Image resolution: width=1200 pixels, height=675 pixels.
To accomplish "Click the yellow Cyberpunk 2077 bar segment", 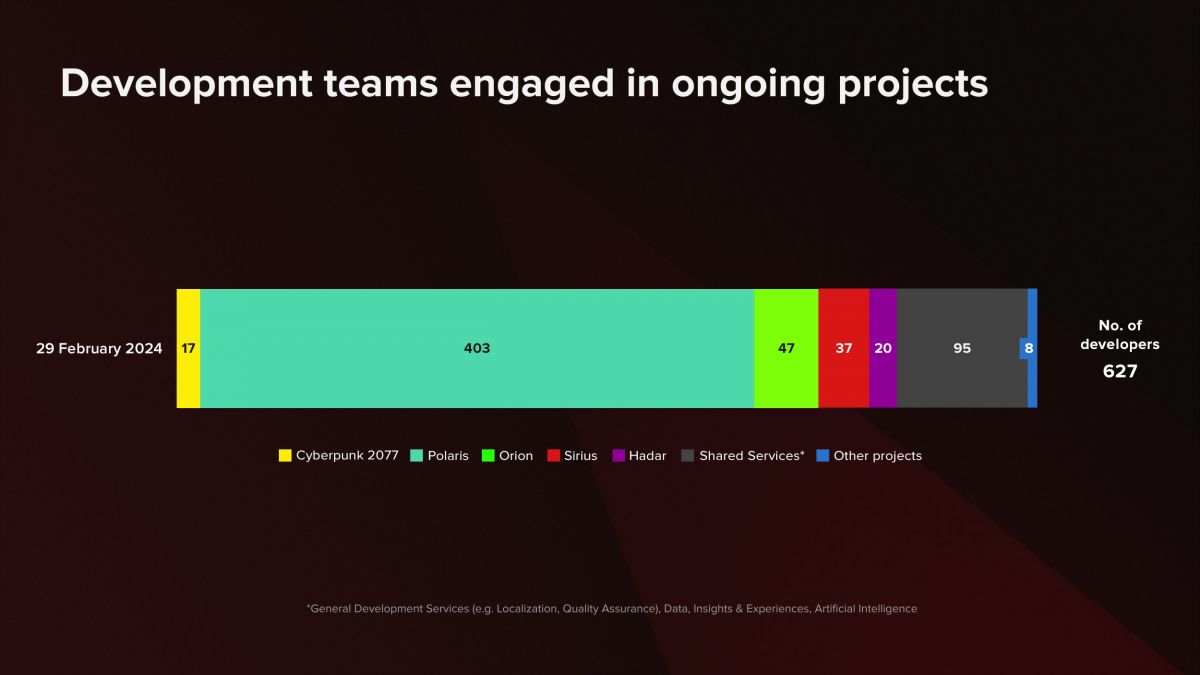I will [188, 348].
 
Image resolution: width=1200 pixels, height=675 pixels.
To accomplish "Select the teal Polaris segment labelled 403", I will [477, 348].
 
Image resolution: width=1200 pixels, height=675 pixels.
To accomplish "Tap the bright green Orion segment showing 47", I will [786, 348].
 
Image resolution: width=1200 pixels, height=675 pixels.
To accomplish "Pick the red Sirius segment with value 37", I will [844, 348].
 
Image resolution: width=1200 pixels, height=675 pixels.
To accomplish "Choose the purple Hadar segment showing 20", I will [883, 348].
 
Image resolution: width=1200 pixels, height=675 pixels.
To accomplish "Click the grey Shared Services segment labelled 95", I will [962, 348].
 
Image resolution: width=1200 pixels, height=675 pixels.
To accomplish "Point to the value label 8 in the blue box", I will [1028, 348].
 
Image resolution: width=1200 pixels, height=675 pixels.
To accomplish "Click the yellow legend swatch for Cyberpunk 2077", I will [285, 456].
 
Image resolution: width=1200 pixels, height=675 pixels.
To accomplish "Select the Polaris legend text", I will [448, 456].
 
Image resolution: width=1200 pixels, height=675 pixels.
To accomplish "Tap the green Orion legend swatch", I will [489, 456].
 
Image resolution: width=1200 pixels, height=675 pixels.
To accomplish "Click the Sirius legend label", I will [580, 456].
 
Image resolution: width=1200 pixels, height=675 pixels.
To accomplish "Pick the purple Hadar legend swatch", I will [619, 456].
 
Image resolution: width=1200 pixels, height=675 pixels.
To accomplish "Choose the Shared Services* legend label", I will [752, 456].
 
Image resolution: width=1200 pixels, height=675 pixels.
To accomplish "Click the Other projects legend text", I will [877, 456].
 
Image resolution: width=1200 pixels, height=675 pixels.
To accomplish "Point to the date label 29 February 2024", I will [99, 349].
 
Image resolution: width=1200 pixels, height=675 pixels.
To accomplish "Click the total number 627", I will [1120, 371].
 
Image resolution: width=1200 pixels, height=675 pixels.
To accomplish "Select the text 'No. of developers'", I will [1120, 335].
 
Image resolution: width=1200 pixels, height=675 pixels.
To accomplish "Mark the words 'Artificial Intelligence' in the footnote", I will [865, 609].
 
